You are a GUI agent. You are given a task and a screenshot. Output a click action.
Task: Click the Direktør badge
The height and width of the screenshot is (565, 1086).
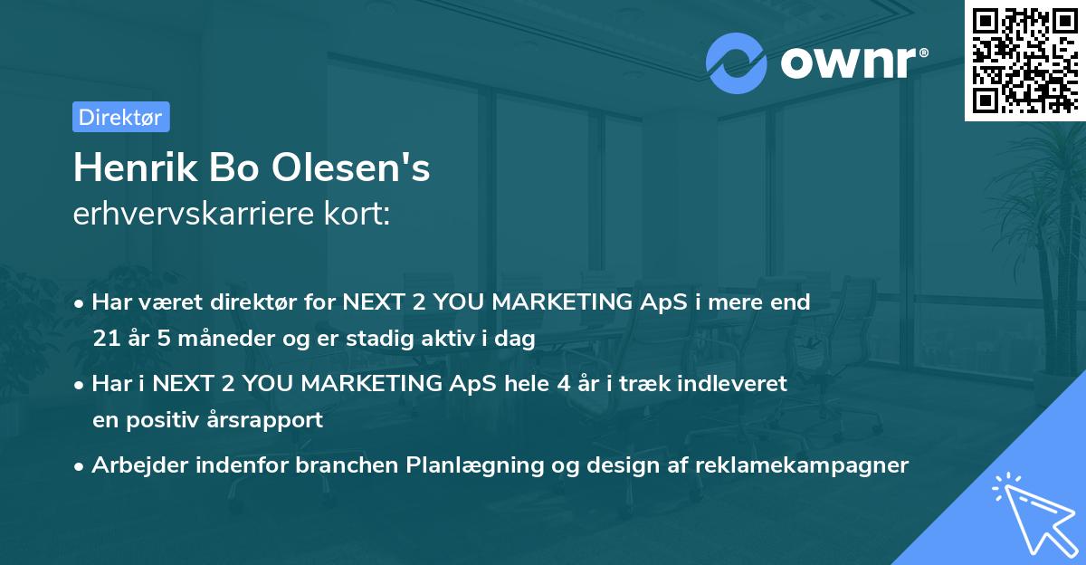tap(120, 117)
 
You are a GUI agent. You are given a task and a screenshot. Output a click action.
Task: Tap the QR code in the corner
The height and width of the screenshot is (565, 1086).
tap(1024, 60)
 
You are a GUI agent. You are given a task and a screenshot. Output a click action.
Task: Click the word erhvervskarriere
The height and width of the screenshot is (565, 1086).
tap(195, 215)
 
